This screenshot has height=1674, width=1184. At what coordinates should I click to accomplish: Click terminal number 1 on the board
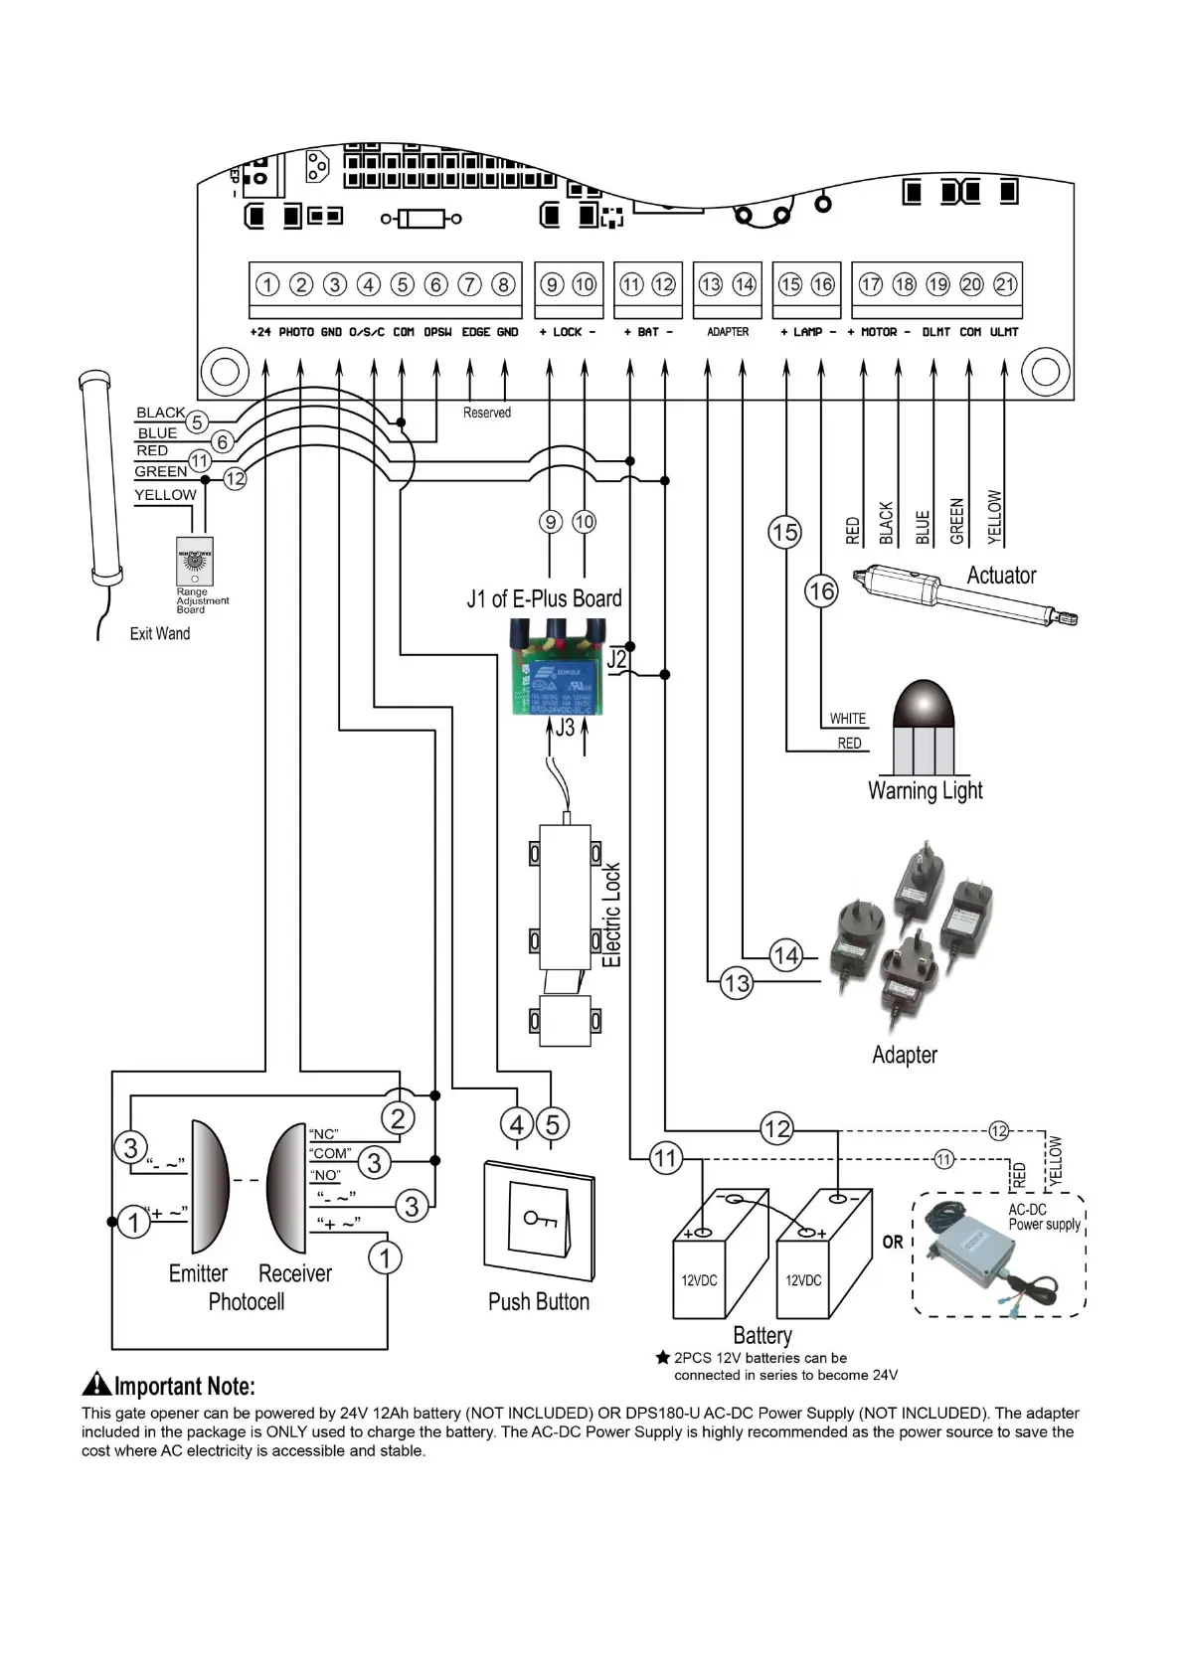tap(267, 285)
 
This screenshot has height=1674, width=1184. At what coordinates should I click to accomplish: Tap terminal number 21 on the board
tap(1006, 285)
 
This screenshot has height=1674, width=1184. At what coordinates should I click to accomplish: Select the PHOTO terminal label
tap(296, 332)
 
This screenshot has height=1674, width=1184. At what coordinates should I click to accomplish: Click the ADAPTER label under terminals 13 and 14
tap(728, 332)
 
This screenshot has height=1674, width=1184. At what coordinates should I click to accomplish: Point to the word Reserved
tap(487, 413)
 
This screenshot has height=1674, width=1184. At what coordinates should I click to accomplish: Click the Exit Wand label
tap(159, 633)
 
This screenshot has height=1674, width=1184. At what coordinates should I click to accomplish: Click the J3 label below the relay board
tap(565, 728)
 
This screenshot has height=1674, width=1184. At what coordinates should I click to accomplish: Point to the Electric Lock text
tap(612, 915)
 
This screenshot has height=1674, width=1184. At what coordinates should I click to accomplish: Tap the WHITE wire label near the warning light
tap(848, 719)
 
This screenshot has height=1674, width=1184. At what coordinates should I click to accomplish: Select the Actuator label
tap(1001, 576)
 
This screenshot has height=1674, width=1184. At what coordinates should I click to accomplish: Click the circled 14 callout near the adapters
tap(785, 956)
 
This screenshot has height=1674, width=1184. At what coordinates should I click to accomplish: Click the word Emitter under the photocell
tap(198, 1273)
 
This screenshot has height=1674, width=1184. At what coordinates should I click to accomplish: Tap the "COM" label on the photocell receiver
tap(330, 1154)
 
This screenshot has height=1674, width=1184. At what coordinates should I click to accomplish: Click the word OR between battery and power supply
tap(893, 1243)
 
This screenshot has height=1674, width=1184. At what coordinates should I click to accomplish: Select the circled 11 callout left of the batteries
tap(665, 1158)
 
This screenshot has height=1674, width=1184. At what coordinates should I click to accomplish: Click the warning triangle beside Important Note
tap(96, 1384)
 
